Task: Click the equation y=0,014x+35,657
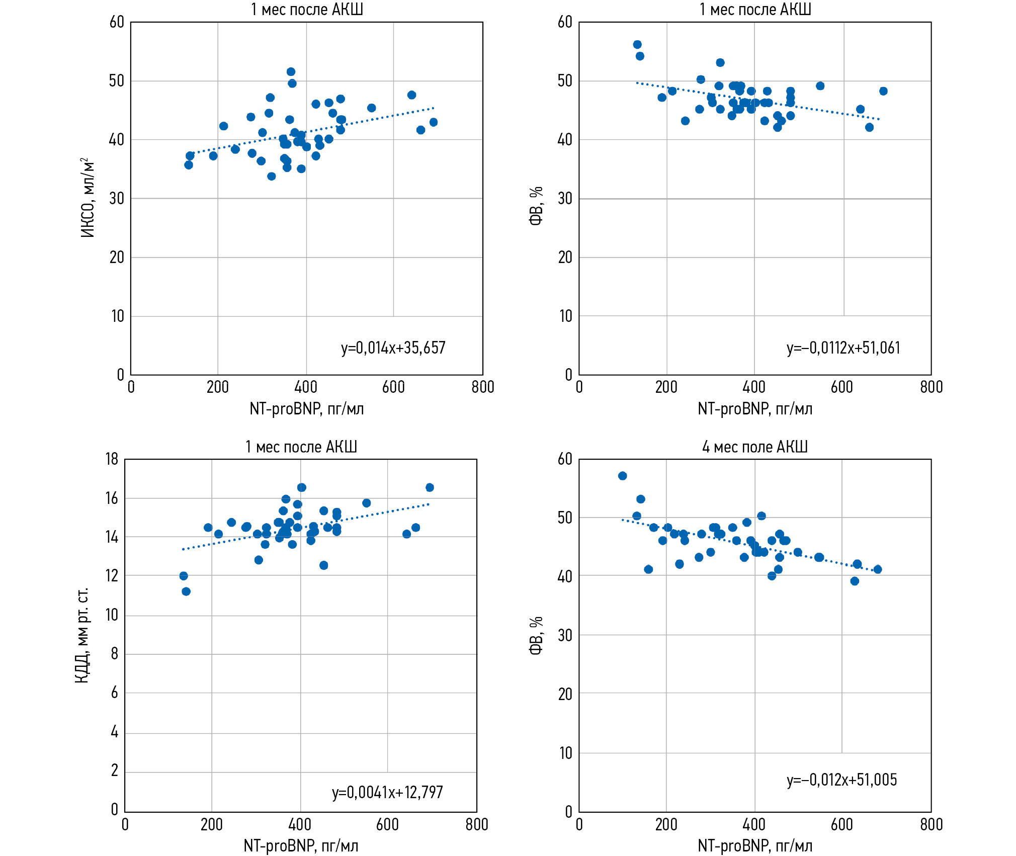(393, 348)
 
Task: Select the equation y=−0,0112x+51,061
(843, 348)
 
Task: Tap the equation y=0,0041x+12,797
(387, 793)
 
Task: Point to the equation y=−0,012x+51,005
(841, 780)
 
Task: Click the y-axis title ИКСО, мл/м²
(88, 198)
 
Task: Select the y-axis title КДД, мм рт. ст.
(82, 635)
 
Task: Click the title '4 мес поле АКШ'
(754, 447)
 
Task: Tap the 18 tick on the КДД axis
(112, 459)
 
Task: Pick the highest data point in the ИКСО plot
(291, 72)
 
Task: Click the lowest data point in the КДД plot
(186, 591)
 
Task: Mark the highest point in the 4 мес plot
(623, 476)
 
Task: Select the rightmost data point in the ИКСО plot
(434, 122)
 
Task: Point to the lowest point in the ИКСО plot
(272, 177)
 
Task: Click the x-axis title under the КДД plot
(301, 845)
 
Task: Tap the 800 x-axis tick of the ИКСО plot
(483, 387)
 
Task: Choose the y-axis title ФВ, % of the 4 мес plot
(536, 635)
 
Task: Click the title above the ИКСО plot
(307, 10)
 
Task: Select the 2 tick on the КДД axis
(115, 770)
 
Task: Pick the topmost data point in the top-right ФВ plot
(637, 45)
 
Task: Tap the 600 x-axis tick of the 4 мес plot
(841, 825)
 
